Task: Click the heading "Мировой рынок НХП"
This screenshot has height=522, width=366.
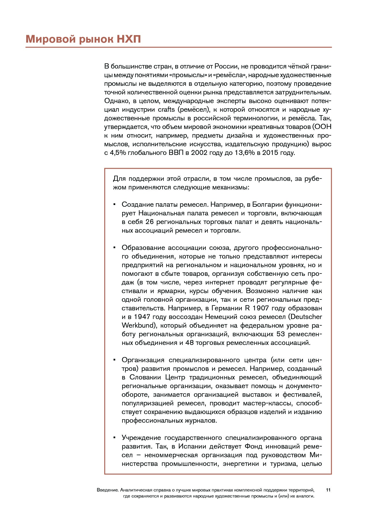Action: pos(83,39)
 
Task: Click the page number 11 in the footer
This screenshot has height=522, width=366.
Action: pos(328,490)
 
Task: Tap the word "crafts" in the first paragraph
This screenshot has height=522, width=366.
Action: pos(166,110)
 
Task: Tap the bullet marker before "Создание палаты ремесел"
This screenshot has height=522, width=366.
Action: pos(114,204)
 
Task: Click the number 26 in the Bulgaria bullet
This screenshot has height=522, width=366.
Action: pos(150,222)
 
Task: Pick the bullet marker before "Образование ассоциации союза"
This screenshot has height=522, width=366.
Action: pos(114,248)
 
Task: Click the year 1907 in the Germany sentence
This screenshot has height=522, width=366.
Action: pos(261,308)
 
